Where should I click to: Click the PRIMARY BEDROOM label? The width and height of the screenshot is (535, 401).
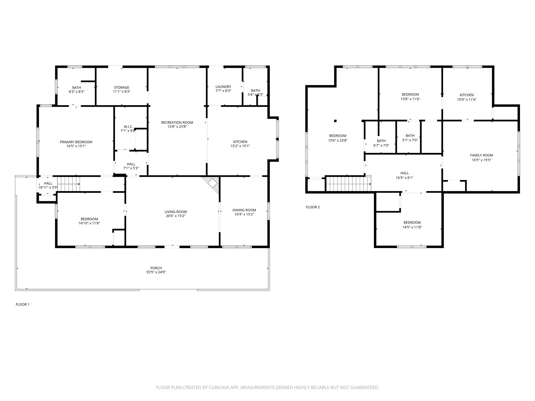point(76,142)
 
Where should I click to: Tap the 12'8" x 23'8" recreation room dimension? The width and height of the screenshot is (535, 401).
point(177,127)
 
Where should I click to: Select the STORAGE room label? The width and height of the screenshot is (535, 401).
point(121,87)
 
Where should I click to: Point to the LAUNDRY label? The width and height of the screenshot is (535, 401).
point(223,87)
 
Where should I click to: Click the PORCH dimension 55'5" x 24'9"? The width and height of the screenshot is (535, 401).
point(156,272)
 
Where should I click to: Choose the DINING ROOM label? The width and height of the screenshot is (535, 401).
point(244,210)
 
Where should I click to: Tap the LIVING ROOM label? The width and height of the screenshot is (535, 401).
point(176,212)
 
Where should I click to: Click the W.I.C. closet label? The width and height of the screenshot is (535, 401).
point(128,127)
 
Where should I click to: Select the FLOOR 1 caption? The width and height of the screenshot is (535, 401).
point(22,304)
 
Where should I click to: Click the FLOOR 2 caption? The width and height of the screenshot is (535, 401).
point(313,207)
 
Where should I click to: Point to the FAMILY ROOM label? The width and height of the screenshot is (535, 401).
point(481,155)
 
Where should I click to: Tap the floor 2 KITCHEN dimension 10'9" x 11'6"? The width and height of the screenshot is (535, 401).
point(467,99)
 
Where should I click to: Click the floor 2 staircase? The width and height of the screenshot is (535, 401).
point(348,184)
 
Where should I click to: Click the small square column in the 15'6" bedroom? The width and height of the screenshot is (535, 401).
point(335,121)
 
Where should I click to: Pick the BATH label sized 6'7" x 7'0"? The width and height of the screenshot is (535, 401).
point(381,141)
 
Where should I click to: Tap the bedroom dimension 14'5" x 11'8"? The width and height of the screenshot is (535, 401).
point(412,227)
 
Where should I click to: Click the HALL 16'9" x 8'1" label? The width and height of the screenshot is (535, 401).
point(404,173)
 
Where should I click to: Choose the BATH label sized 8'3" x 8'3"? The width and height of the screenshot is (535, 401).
point(77,88)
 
